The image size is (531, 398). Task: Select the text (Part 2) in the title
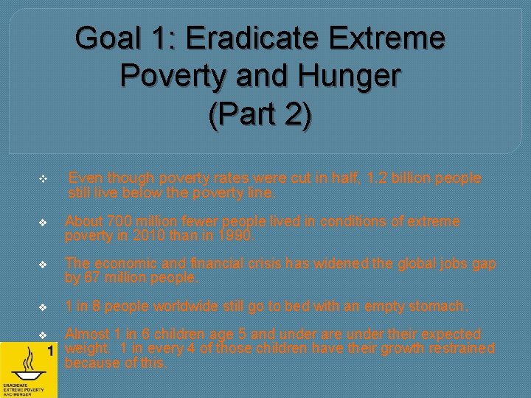(260, 115)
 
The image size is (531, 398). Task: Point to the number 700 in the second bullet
(120, 221)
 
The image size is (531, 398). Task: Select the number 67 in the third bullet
(94, 278)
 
